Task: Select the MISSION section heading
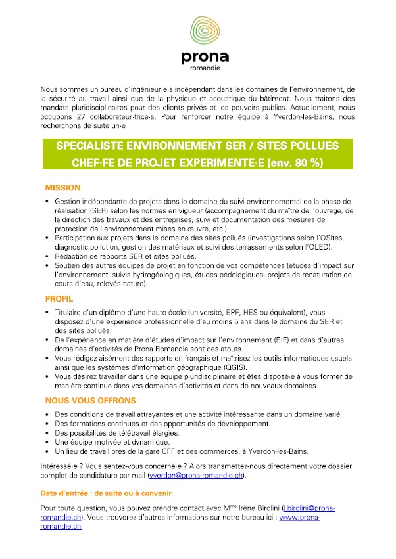coord(62,187)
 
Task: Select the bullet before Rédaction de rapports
coord(47,256)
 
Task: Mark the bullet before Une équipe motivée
coord(47,443)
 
